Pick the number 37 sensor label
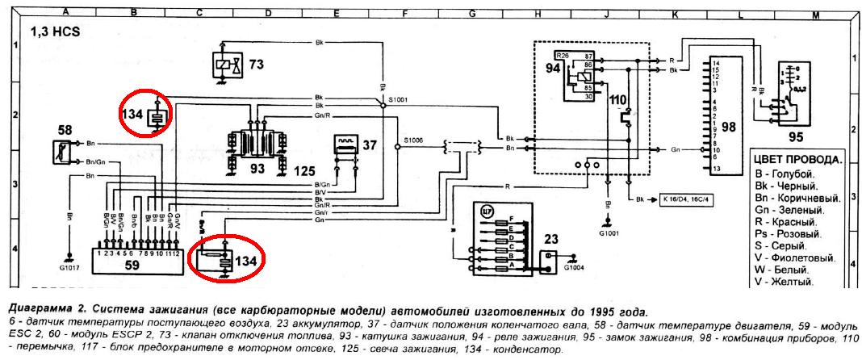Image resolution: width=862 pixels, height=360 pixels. (x=370, y=145)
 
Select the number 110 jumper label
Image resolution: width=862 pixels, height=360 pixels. (x=619, y=101)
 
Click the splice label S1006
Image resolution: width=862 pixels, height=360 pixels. (x=413, y=139)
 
